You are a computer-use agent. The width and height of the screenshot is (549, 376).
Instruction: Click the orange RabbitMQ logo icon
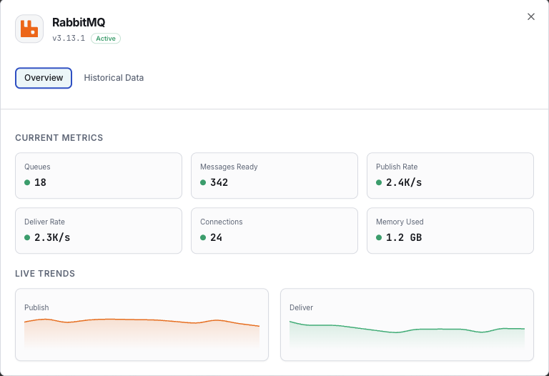[x=29, y=29]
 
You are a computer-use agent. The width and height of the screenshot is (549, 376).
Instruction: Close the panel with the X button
[x=530, y=16]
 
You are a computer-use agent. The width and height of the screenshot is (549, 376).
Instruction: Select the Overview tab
[x=44, y=78]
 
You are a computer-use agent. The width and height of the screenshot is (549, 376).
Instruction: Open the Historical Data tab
[x=114, y=78]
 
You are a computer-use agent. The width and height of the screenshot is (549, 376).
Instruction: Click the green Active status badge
[x=106, y=39]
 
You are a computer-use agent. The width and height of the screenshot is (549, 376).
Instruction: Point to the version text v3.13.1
[x=69, y=39]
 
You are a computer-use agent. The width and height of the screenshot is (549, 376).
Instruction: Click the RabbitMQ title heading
[x=79, y=22]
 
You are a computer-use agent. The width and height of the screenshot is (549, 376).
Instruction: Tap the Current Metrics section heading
[x=59, y=137]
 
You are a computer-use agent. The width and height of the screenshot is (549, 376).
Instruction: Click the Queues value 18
[x=40, y=182]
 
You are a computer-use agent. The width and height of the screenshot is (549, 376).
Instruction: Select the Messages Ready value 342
[x=219, y=182]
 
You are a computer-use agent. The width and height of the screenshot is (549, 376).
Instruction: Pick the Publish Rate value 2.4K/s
[x=404, y=182]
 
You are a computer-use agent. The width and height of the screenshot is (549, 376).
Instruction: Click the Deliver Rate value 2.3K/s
[x=52, y=237]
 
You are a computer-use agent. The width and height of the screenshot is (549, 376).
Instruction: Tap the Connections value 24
[x=216, y=237]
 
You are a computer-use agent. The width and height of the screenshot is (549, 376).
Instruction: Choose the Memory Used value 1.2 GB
[x=404, y=237]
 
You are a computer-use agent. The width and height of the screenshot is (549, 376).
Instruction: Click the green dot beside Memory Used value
[x=379, y=237]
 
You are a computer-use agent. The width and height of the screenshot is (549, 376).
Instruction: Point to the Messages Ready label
[x=229, y=167]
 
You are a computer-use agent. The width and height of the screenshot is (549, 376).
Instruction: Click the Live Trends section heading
[x=45, y=273]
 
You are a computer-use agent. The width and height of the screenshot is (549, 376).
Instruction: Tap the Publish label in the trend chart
[x=36, y=307]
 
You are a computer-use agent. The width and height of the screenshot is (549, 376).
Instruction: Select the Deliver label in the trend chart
[x=301, y=307]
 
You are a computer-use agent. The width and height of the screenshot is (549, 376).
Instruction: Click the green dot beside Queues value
[x=27, y=182]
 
